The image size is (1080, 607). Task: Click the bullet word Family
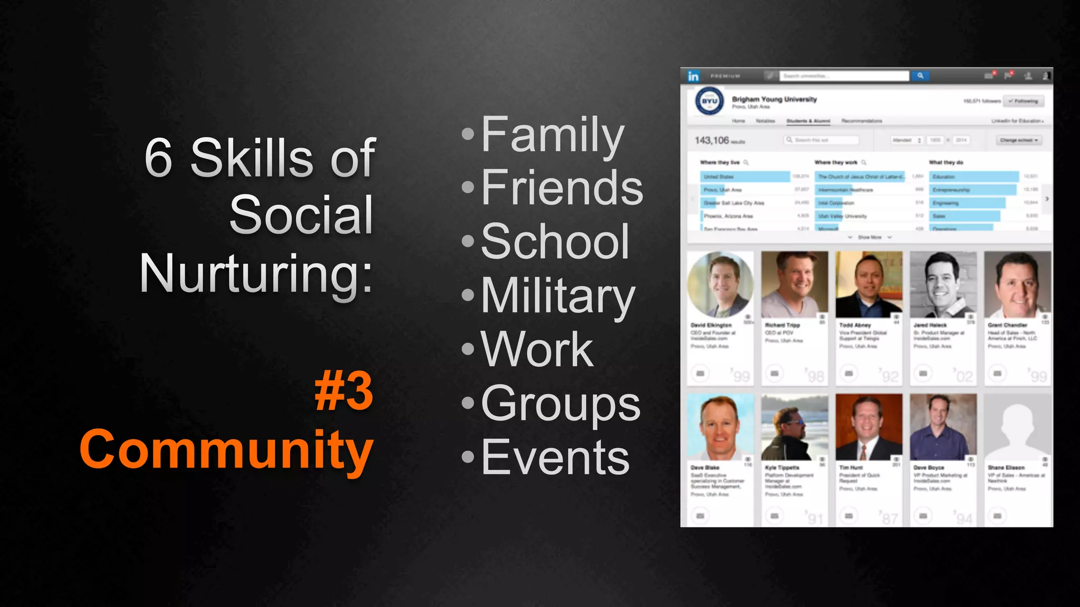[x=552, y=135]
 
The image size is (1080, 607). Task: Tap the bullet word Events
[x=555, y=457]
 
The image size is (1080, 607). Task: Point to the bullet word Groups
[x=560, y=404]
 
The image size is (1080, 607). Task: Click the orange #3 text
[x=344, y=391]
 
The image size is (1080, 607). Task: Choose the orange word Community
[x=227, y=449]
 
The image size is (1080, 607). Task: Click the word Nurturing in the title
[x=256, y=273]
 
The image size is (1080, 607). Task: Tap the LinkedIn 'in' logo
[x=693, y=76]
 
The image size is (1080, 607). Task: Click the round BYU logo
[x=709, y=101]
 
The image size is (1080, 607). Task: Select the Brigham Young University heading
[x=774, y=99]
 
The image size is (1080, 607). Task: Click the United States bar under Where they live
[x=745, y=177]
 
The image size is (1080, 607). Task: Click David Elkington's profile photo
[x=720, y=285]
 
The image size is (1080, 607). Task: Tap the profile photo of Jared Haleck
[x=943, y=285]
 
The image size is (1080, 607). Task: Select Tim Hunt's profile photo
[x=869, y=427]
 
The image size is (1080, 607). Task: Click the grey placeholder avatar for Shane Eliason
[x=1017, y=427]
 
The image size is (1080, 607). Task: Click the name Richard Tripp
[x=782, y=325]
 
